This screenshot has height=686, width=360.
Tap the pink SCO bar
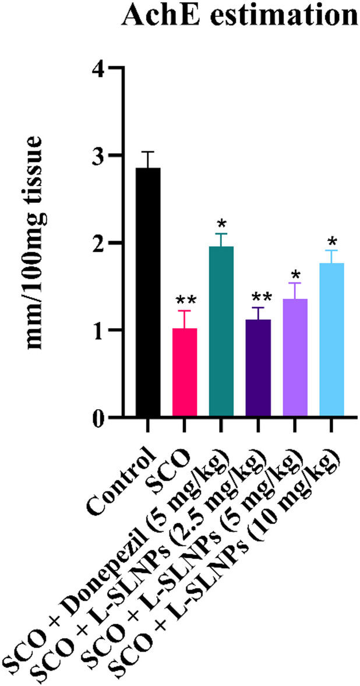(x=184, y=373)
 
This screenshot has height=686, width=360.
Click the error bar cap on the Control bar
(x=147, y=152)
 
